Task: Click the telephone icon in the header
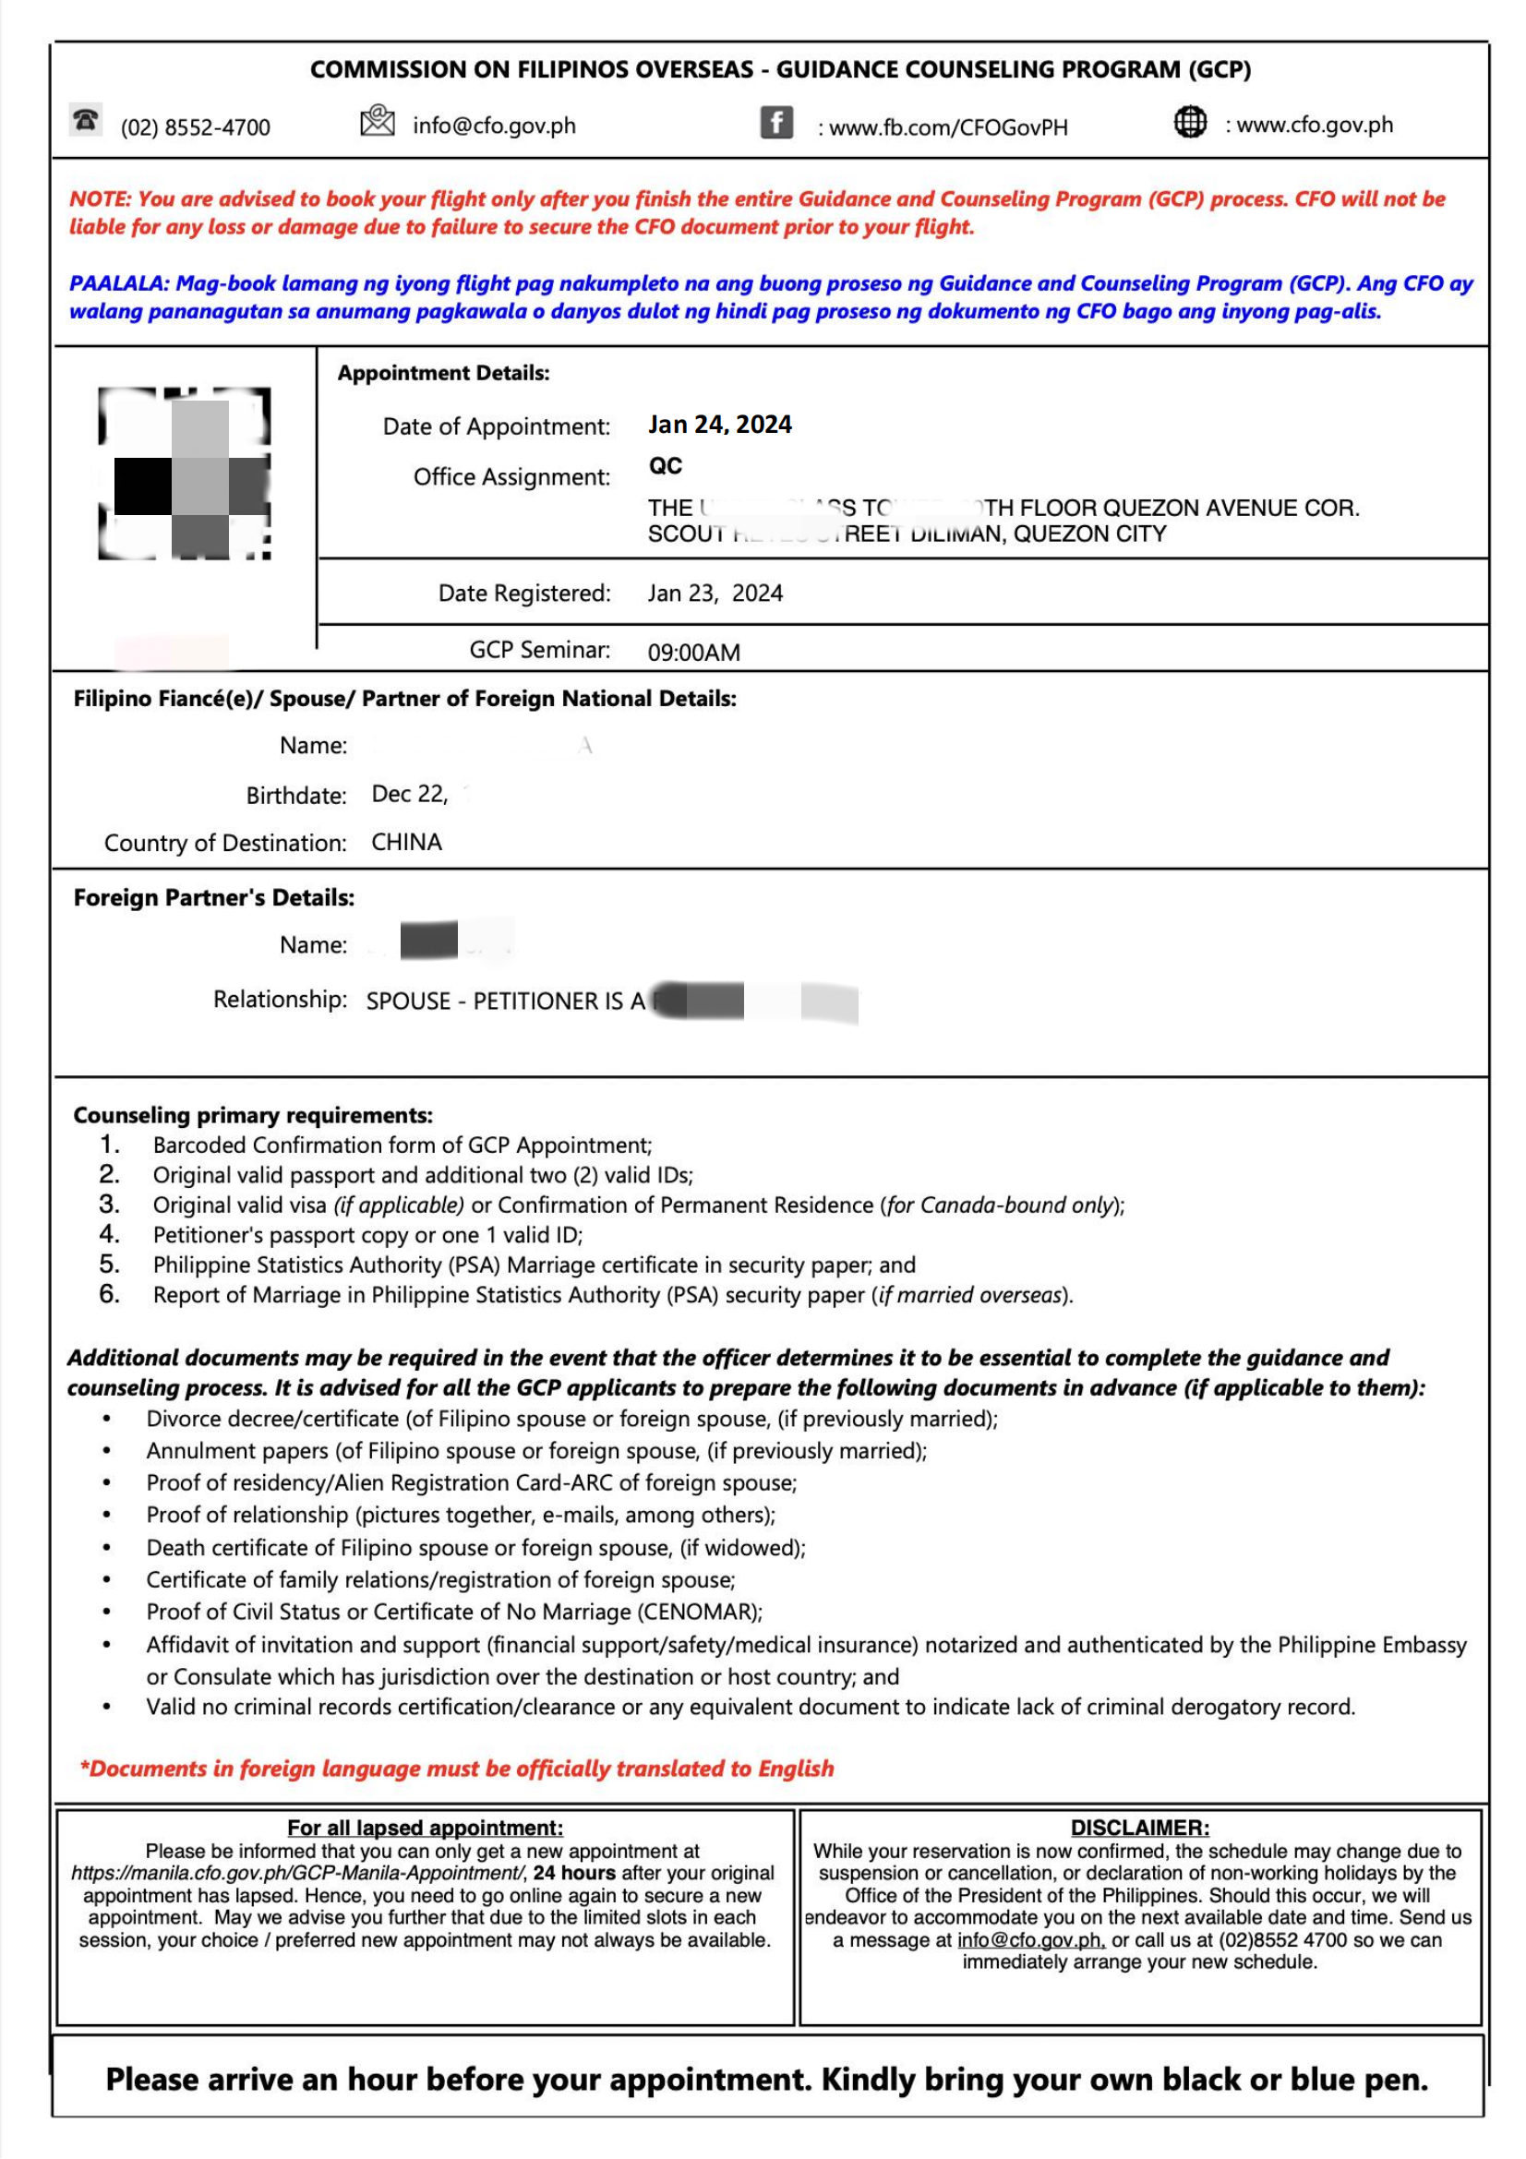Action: (86, 120)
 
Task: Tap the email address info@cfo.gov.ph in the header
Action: (494, 126)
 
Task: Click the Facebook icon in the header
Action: (775, 122)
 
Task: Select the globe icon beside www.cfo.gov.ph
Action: (1189, 122)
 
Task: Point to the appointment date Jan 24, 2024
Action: (719, 425)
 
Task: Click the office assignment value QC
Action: (665, 466)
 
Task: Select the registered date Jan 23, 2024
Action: (715, 594)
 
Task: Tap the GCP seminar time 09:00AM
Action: (693, 653)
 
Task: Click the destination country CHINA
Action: (406, 843)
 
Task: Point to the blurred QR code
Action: (185, 474)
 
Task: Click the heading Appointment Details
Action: (443, 373)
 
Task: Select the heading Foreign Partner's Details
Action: (213, 898)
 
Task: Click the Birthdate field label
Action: (296, 796)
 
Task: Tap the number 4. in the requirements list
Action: (110, 1234)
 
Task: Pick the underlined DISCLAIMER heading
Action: (1139, 1828)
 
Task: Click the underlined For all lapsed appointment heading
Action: (425, 1828)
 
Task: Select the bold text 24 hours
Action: (574, 1873)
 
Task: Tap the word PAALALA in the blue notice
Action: (117, 284)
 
